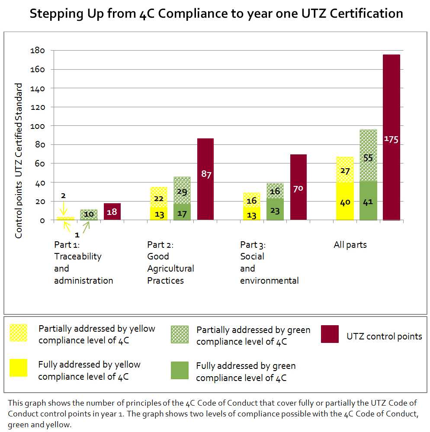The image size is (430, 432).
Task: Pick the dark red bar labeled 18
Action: [112, 211]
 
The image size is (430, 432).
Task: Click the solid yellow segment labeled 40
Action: [345, 202]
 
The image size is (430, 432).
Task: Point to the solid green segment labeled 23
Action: [275, 210]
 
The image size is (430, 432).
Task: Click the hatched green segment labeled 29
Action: [182, 190]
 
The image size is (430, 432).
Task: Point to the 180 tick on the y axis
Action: [38, 51]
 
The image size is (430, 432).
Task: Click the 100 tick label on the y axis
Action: [38, 126]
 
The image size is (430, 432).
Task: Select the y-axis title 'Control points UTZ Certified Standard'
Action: [19, 161]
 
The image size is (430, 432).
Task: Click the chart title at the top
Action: [216, 14]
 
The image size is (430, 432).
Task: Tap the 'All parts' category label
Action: [350, 245]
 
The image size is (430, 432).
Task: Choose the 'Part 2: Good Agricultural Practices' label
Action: [170, 262]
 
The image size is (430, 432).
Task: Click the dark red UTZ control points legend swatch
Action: [330, 334]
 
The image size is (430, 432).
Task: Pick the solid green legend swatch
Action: [180, 370]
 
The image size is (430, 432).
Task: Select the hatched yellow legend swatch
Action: [19, 333]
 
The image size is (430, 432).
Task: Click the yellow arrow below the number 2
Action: [63, 209]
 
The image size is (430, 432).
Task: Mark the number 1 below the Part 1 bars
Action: [77, 236]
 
